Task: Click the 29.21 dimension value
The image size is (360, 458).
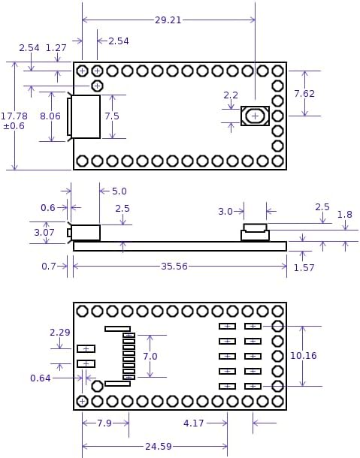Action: (x=168, y=20)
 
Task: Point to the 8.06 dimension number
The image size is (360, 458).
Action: (x=50, y=116)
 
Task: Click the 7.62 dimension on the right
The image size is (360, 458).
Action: (x=304, y=94)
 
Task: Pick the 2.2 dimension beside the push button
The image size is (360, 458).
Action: (x=231, y=95)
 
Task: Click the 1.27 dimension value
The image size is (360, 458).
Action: (x=56, y=48)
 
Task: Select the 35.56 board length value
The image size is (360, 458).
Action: (x=174, y=266)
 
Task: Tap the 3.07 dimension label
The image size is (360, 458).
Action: (x=44, y=233)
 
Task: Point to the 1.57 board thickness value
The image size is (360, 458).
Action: (x=304, y=267)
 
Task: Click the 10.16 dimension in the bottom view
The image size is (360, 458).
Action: (x=304, y=356)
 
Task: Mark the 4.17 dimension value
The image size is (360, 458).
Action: (x=194, y=423)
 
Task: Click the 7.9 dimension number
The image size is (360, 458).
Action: (x=104, y=423)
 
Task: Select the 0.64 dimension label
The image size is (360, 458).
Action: (x=41, y=378)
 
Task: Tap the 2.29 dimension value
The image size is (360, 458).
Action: (x=59, y=332)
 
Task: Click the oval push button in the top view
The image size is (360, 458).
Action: (x=255, y=116)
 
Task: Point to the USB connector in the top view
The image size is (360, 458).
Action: (x=85, y=116)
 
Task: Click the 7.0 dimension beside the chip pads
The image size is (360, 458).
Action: (x=150, y=356)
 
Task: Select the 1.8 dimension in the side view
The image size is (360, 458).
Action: (x=344, y=215)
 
